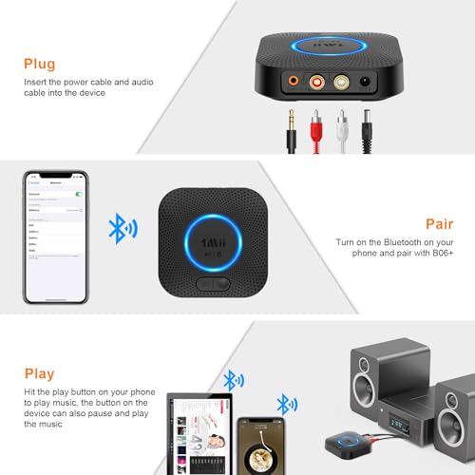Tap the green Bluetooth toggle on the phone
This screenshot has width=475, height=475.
pyautogui.click(x=79, y=193)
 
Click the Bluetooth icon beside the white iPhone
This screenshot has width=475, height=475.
pyautogui.click(x=121, y=229)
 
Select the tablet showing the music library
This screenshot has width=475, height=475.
pyautogui.click(x=203, y=426)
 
